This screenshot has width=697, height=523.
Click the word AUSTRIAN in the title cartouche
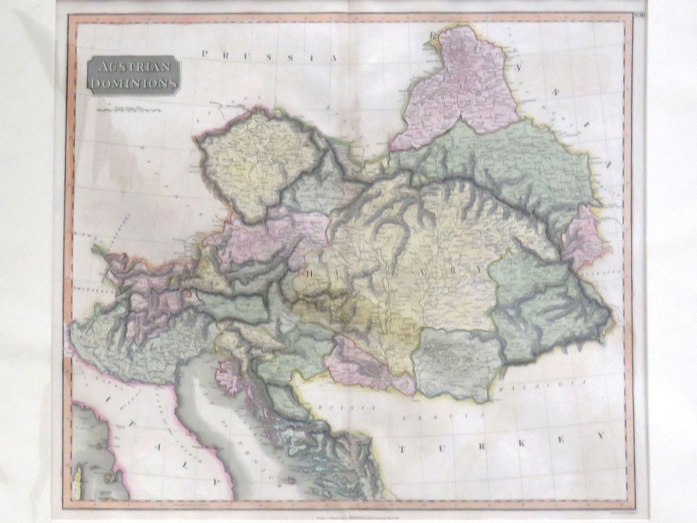[133, 67]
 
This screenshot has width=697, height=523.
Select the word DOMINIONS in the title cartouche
[133, 83]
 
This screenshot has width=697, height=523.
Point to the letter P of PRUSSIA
[205, 53]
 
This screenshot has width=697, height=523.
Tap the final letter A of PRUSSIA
[334, 59]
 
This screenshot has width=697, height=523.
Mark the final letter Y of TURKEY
[601, 434]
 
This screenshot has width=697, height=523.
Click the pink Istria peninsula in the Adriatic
[227, 375]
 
